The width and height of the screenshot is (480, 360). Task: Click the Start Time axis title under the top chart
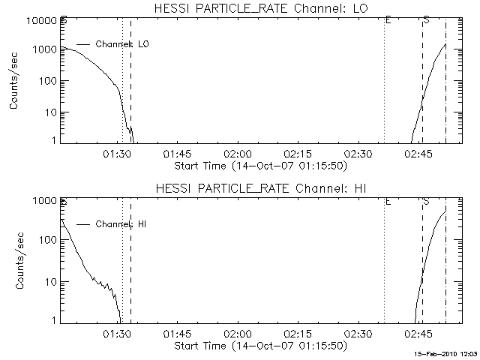(x=259, y=165)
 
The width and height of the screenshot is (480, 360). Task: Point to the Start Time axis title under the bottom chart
(x=259, y=345)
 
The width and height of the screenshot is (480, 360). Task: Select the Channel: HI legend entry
(x=120, y=224)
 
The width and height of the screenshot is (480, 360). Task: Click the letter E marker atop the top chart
(x=388, y=20)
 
